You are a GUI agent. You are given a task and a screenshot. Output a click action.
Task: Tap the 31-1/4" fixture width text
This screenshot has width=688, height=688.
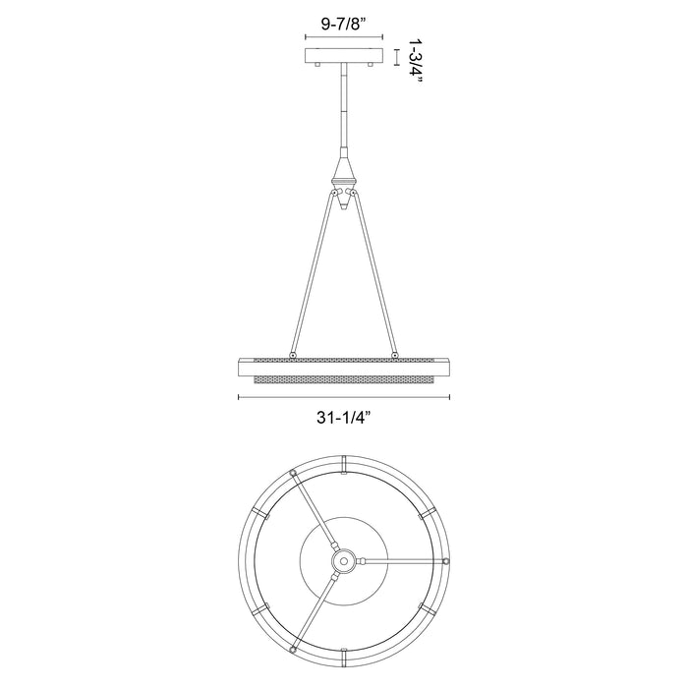point(343,416)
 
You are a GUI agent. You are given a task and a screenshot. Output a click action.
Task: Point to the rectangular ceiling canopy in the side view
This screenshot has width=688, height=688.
point(343,57)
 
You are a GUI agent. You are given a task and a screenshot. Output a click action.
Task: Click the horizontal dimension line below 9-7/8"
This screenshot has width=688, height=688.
point(343,38)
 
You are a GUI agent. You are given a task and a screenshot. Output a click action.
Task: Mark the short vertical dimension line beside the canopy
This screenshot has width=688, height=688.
point(396,57)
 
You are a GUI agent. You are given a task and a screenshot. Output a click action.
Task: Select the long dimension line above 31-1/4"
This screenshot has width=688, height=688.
point(343,397)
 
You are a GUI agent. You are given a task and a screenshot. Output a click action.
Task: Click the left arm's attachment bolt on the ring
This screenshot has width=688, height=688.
point(292,355)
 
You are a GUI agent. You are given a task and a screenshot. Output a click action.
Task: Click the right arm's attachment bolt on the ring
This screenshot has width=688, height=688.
point(395,355)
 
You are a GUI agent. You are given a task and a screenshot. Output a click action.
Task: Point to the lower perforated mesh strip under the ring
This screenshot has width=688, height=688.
point(343,378)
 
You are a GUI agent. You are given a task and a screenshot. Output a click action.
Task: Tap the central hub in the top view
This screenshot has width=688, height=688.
point(343,560)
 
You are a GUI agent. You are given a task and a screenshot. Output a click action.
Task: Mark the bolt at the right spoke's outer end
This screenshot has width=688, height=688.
point(445,560)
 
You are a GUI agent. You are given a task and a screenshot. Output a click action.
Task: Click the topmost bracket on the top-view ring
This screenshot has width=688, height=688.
point(343,462)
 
